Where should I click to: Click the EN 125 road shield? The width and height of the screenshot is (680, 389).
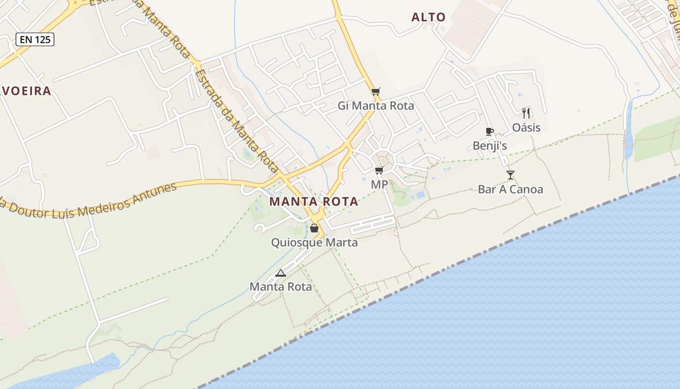tap(35, 39)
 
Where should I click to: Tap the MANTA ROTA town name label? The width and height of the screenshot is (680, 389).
tap(314, 201)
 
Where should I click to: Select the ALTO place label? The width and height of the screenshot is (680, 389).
tap(428, 18)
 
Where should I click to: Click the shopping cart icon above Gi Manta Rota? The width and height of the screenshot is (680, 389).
tap(375, 91)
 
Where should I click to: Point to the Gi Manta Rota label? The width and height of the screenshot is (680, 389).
tap(375, 106)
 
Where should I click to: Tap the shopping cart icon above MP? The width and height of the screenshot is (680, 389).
tap(379, 170)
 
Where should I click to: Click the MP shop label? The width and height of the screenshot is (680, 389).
tap(379, 184)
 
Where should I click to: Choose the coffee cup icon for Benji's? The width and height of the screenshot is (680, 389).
tap(489, 131)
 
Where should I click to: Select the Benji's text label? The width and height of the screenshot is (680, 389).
tap(490, 145)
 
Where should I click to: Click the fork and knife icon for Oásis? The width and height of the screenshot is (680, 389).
tap(526, 113)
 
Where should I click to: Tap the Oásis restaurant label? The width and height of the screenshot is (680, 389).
tap(526, 127)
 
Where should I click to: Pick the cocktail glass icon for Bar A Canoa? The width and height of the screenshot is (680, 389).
tap(510, 175)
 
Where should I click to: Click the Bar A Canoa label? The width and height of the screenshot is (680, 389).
tap(510, 189)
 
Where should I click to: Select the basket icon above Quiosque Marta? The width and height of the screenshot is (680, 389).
tap(314, 228)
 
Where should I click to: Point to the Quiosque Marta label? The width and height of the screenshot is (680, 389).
tap(314, 242)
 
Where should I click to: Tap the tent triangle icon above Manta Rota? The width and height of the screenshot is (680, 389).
tap(280, 273)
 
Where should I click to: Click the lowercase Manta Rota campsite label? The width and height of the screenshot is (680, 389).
tap(280, 287)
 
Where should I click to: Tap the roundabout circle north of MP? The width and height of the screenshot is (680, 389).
tap(383, 160)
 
